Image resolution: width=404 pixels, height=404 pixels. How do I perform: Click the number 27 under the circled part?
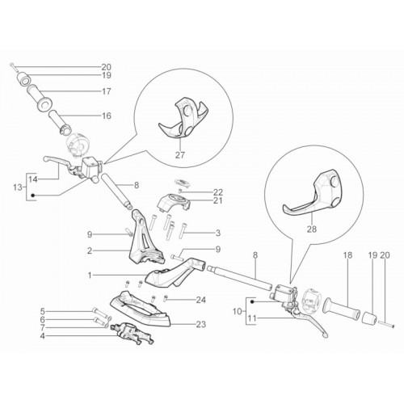180,155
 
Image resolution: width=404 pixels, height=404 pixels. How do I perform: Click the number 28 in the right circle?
312,229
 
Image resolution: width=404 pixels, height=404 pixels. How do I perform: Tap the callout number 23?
201,324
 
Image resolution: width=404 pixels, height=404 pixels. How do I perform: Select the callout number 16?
107,116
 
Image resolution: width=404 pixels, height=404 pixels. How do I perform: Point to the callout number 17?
107,91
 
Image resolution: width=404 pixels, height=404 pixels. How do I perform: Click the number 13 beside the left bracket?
18,187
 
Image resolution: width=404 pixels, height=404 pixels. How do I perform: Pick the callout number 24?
201,300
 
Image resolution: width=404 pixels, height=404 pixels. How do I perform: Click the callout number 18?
348,255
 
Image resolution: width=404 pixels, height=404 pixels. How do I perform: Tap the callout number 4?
42,336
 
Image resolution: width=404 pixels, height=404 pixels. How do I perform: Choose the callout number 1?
90,275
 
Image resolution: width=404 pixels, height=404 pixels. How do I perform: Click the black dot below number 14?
33,196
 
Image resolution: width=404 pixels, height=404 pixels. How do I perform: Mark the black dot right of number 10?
252,302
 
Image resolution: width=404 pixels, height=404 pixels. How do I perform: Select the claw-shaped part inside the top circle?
183,120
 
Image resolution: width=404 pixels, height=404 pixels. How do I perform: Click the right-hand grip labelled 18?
342,309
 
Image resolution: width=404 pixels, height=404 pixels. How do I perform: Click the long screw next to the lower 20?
387,324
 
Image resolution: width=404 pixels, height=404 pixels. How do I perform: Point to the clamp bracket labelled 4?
133,334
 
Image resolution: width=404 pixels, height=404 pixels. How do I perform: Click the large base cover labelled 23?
140,309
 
